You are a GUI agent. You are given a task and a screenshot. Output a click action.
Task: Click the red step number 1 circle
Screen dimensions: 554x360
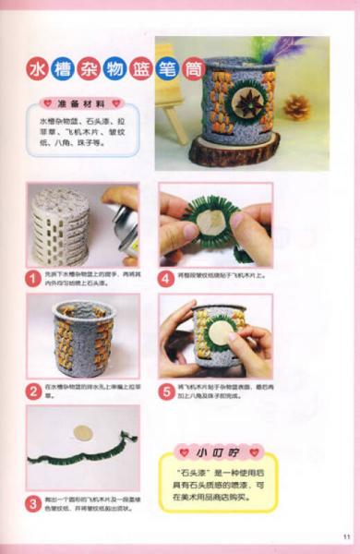pos(34,275)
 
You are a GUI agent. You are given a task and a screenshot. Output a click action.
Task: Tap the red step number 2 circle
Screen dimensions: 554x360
pos(34,390)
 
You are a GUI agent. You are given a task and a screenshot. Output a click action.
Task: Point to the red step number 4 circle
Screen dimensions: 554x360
pos(167,275)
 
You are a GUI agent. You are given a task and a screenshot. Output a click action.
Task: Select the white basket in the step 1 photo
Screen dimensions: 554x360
pos(64,224)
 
